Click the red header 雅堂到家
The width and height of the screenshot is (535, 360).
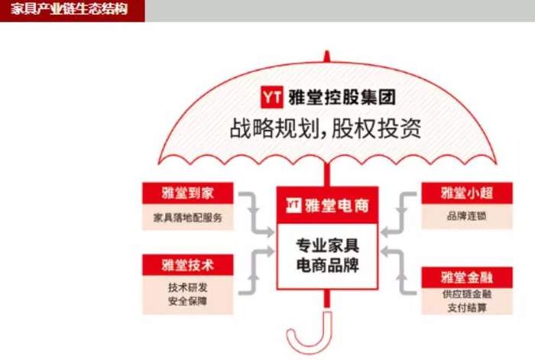click(186, 193)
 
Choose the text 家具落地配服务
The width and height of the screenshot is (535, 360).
click(186, 218)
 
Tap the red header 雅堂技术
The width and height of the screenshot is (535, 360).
click(186, 264)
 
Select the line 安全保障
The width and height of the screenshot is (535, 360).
click(186, 301)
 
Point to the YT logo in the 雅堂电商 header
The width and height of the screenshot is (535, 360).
click(293, 205)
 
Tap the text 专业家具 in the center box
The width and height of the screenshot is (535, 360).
click(327, 246)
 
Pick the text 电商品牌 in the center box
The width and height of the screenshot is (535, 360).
click(327, 266)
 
